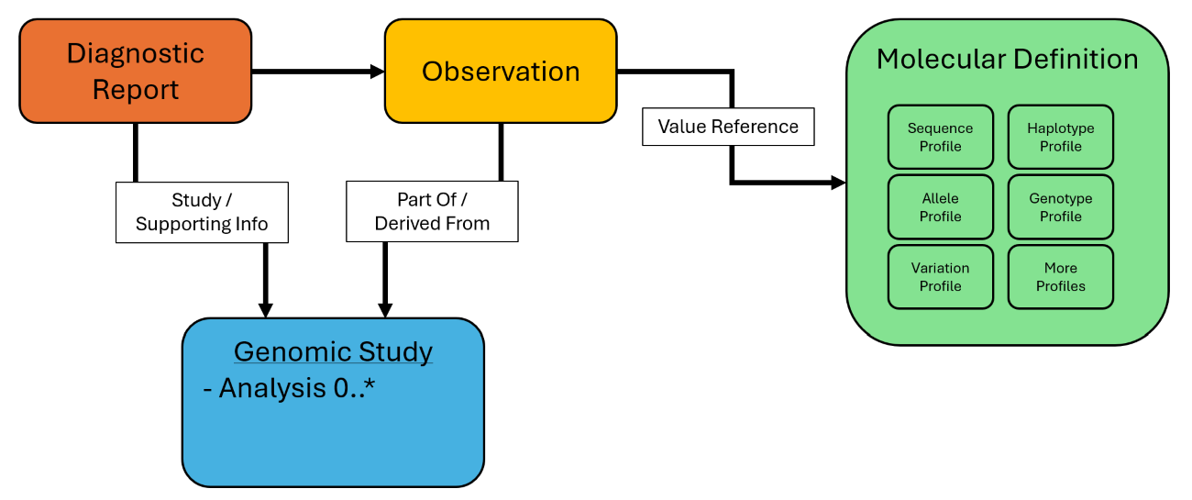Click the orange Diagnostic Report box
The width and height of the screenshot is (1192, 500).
(135, 71)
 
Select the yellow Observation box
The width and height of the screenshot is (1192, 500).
(501, 71)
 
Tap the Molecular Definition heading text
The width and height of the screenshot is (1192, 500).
(1007, 60)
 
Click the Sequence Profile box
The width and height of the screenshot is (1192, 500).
(940, 137)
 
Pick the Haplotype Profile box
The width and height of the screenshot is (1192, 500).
(1061, 137)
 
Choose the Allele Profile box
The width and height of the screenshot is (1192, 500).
(940, 207)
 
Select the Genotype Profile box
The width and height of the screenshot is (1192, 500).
(1061, 207)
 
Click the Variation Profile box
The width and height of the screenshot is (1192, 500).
(940, 277)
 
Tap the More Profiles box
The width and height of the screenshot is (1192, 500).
(1061, 277)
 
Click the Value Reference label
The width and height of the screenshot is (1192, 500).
(728, 127)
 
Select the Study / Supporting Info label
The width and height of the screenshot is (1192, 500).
(202, 212)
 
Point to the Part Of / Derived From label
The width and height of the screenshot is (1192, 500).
(432, 212)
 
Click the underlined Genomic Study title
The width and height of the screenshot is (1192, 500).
(333, 351)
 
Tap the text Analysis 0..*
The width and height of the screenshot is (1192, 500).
(289, 388)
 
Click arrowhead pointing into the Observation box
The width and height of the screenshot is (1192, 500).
(377, 72)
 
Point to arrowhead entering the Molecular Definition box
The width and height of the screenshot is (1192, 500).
(838, 183)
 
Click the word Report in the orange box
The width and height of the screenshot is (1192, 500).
(136, 90)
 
